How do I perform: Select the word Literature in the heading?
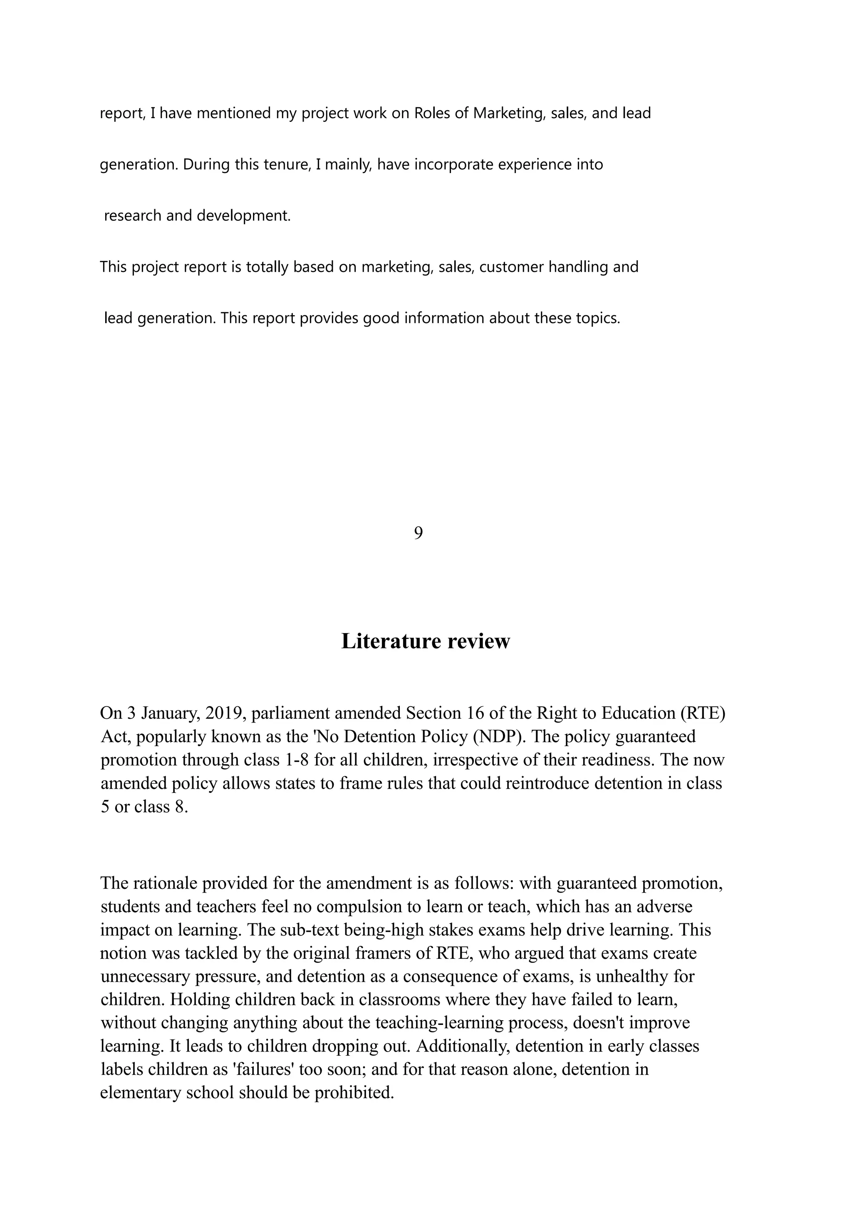pyautogui.click(x=385, y=641)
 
